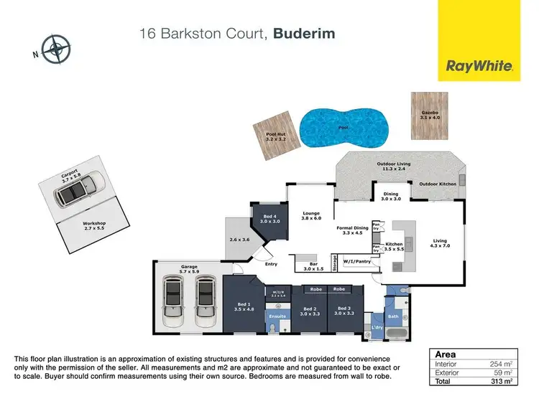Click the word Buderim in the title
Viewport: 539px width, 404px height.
pos(305,34)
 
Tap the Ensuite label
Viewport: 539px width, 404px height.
pos(277,316)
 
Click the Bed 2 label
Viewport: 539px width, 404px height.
pos(309,309)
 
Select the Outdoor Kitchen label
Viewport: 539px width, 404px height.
pos(438,184)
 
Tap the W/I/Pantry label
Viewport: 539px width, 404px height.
pos(355,263)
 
